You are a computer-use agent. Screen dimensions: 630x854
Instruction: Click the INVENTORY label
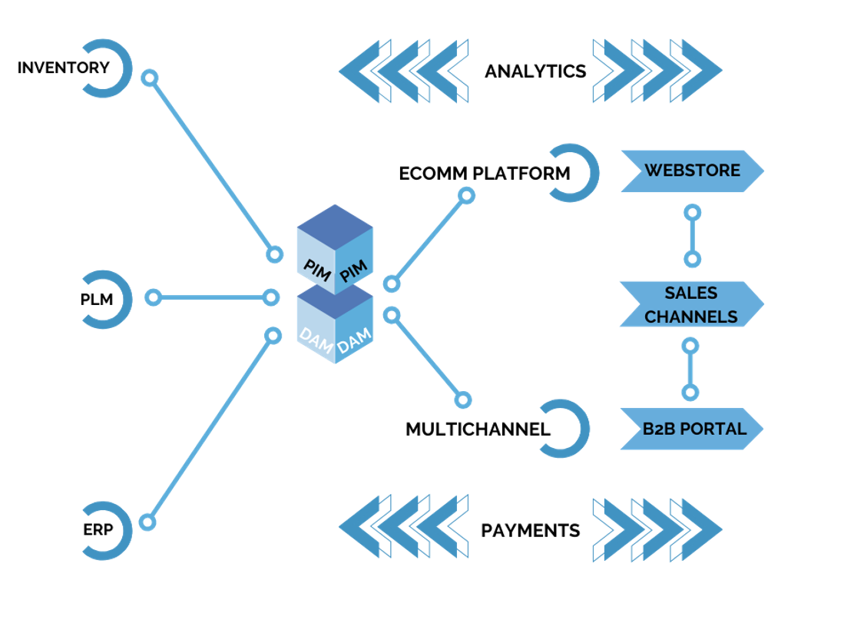(x=63, y=68)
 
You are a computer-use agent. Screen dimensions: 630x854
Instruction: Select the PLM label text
(x=97, y=300)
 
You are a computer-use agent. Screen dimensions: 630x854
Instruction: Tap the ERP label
(x=98, y=530)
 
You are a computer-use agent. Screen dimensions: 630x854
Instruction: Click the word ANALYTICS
(x=535, y=71)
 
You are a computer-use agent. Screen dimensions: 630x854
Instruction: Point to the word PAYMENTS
(x=530, y=531)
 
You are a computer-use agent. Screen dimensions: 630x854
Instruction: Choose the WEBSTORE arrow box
(x=691, y=171)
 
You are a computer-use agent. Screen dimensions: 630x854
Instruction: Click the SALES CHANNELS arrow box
(x=691, y=304)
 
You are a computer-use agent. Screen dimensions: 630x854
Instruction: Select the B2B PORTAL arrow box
(x=691, y=429)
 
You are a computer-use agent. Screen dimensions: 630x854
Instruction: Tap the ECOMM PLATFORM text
(x=484, y=174)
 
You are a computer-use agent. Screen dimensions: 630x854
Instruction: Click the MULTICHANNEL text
(x=478, y=429)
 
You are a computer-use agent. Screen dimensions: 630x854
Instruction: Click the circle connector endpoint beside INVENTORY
(x=150, y=78)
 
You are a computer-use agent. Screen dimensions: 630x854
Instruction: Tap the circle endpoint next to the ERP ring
(x=147, y=522)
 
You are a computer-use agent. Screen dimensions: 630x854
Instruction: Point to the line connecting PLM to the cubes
(x=211, y=297)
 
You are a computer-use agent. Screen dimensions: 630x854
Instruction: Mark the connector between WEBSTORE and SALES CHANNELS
(x=692, y=235)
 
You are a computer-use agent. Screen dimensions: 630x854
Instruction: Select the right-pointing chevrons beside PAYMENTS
(x=657, y=529)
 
